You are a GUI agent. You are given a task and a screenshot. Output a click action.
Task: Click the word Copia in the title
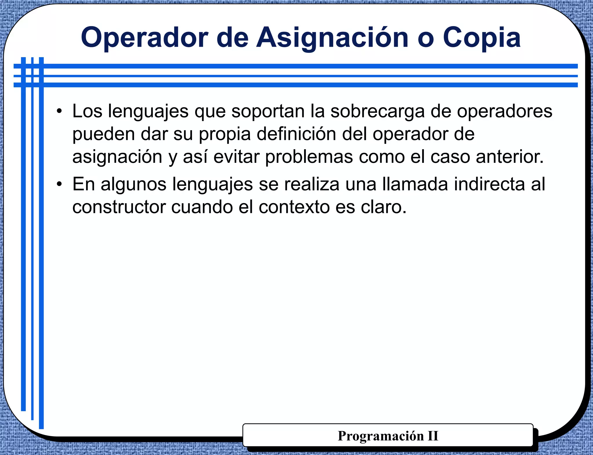pyautogui.click(x=482, y=38)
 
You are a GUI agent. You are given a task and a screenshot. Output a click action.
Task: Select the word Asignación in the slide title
pyautogui.click(x=332, y=38)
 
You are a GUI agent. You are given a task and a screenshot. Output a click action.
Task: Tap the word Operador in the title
pyautogui.click(x=144, y=38)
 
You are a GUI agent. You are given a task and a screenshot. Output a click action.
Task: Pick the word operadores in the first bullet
pyautogui.click(x=504, y=111)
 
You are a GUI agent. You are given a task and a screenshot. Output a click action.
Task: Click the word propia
pyautogui.click(x=224, y=134)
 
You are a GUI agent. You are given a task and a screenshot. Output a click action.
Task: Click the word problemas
pyautogui.click(x=309, y=157)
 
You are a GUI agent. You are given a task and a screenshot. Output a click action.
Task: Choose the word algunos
pyautogui.click(x=133, y=185)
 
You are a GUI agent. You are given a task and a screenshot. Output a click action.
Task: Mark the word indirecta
pyautogui.click(x=489, y=184)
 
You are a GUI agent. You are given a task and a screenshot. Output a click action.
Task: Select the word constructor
pyautogui.click(x=119, y=208)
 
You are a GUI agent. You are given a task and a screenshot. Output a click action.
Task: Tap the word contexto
pyautogui.click(x=294, y=208)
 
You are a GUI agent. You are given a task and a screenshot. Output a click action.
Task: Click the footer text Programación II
pyautogui.click(x=388, y=436)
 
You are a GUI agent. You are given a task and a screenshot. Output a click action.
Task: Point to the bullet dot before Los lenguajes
pyautogui.click(x=59, y=111)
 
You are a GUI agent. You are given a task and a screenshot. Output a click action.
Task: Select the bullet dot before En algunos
pyautogui.click(x=59, y=184)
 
